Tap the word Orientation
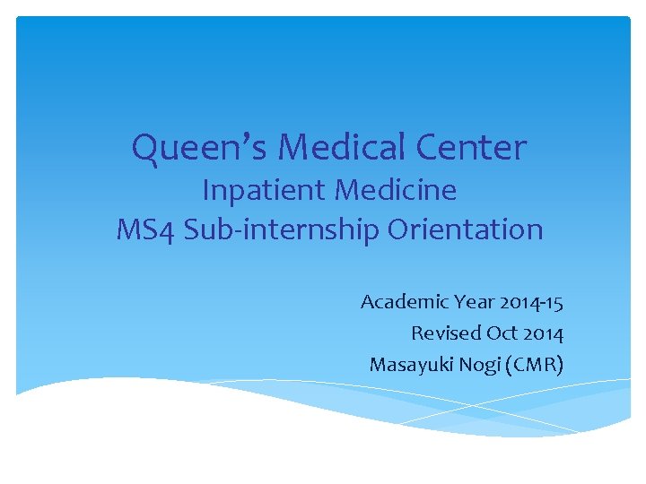coord(465,229)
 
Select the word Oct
coord(502,333)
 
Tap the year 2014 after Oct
coord(544,333)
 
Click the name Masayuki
coord(409,365)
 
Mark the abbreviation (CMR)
coord(537,365)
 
